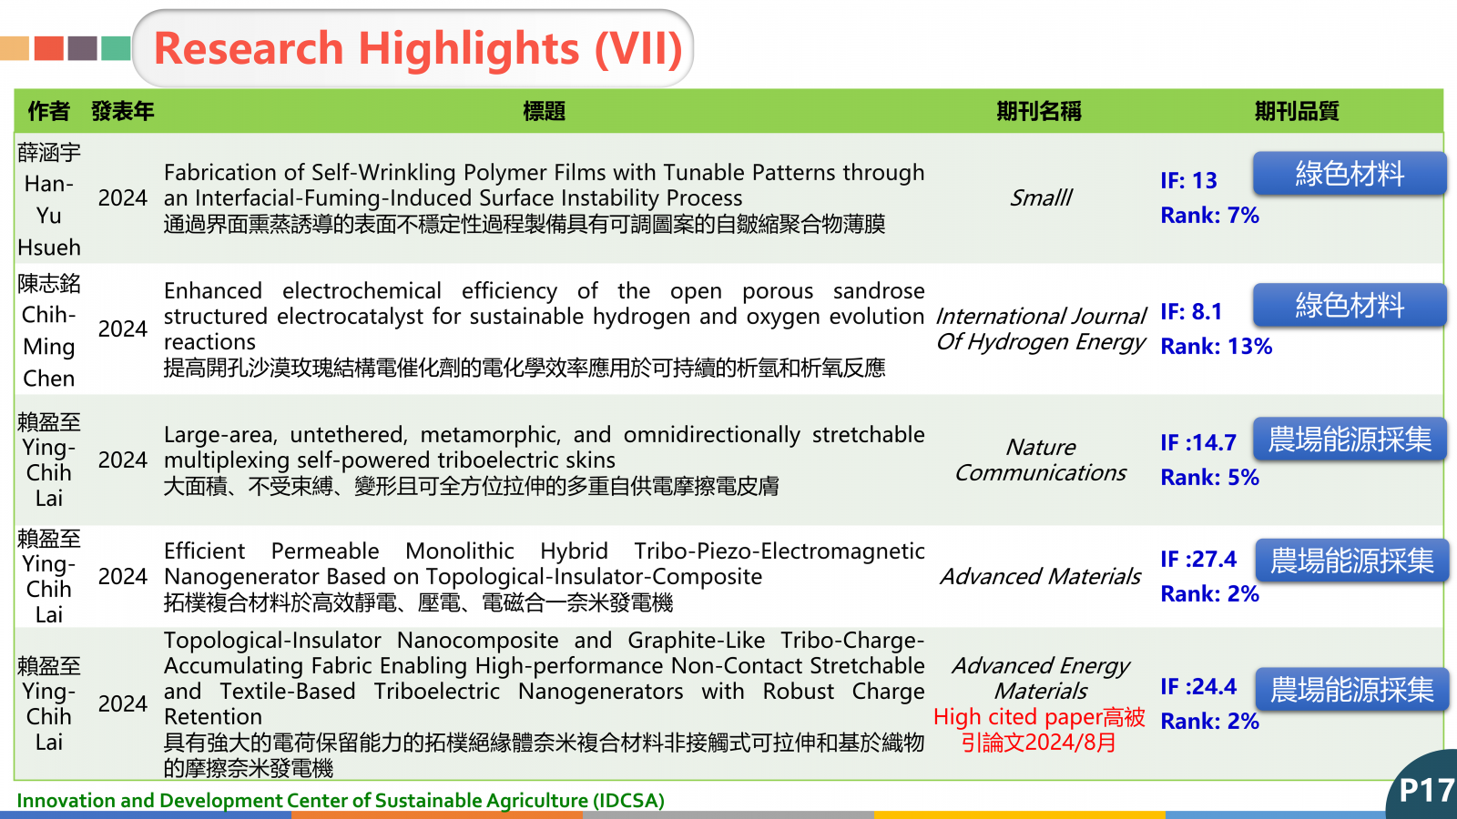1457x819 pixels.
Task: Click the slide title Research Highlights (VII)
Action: (418, 49)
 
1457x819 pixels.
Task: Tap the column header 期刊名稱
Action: (1039, 111)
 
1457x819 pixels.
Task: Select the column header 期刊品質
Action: (1297, 111)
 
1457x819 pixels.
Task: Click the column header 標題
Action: (544, 111)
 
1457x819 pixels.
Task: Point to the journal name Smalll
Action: (1040, 197)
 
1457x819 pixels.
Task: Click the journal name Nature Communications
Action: (1040, 460)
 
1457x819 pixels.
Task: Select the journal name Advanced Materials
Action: (1040, 576)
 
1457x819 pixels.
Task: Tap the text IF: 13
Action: (1188, 181)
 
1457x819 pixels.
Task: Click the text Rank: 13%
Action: (1216, 347)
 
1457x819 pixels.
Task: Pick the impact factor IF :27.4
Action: (1198, 559)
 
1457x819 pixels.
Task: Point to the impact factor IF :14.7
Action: (1198, 442)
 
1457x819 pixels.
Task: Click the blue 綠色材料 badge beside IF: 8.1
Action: (1350, 305)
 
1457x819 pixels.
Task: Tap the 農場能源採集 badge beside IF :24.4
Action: (1351, 689)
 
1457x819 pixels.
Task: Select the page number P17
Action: (1426, 791)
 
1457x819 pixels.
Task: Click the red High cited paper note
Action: (1039, 729)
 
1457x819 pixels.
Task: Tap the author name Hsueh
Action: (49, 248)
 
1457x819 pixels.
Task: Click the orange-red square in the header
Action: (49, 48)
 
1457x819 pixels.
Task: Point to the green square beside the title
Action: (116, 48)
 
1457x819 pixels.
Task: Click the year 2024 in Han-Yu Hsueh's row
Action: (122, 197)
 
